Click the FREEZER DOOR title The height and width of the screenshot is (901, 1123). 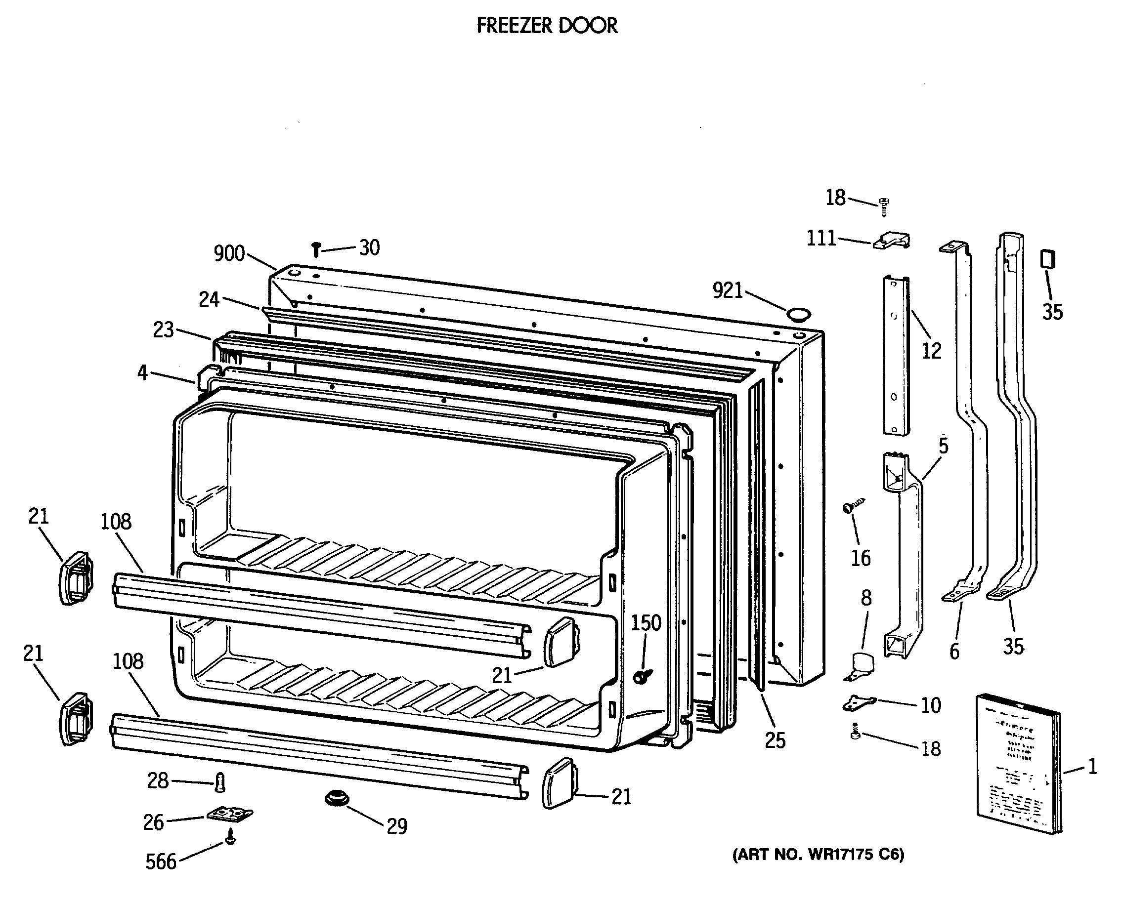point(547,25)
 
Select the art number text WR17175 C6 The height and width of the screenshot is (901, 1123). point(819,855)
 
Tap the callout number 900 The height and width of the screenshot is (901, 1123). point(229,253)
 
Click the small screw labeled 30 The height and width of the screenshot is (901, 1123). point(316,249)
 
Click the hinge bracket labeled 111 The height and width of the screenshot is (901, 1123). point(892,241)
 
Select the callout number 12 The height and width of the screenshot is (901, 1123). point(931,351)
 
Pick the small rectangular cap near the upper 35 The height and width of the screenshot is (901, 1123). point(1047,259)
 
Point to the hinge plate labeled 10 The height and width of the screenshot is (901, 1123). point(859,703)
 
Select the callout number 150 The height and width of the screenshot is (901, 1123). point(646,622)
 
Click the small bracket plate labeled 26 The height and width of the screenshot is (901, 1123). point(230,815)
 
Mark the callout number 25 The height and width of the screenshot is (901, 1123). point(775,740)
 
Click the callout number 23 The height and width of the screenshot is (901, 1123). point(163,329)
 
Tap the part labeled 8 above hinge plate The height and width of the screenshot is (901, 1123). point(861,666)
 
